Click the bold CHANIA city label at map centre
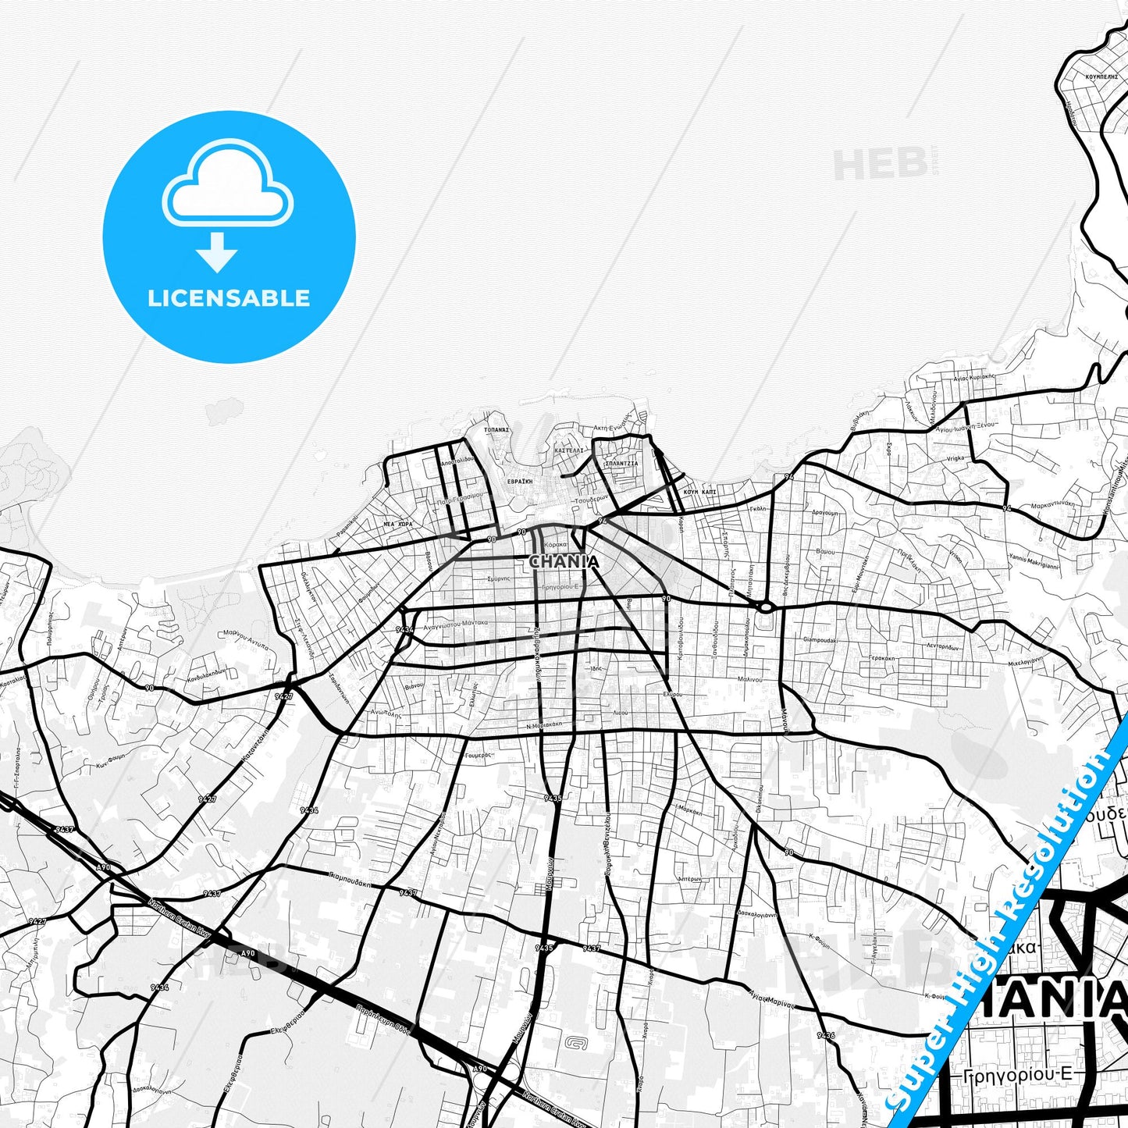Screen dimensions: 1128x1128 coord(564,561)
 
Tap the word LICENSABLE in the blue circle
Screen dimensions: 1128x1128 coord(229,297)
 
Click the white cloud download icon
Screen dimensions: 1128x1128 coord(227,191)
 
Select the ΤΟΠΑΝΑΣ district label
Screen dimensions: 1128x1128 coord(496,429)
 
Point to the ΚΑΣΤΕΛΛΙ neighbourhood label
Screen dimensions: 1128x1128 coord(568,450)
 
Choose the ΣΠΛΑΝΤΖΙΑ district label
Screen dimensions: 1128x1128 coord(621,463)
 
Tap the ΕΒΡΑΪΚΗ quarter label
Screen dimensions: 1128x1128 coord(519,482)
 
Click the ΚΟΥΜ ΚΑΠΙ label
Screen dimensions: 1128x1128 coord(699,493)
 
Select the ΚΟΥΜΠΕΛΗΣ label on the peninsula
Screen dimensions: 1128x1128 coord(1101,78)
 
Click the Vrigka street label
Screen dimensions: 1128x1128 coord(955,458)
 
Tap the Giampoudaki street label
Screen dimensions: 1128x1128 coord(820,639)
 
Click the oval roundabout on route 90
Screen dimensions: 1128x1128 coord(765,607)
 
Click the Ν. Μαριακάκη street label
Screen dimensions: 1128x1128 coord(545,726)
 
